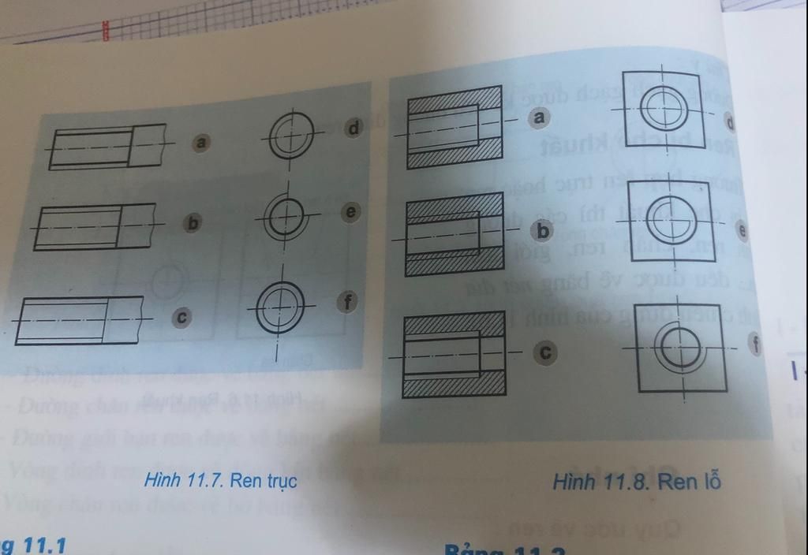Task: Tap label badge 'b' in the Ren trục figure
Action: pos(191,223)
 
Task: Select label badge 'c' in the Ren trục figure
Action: pos(181,317)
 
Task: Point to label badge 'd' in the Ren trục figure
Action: pos(353,128)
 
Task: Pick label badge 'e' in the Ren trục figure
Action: pos(351,212)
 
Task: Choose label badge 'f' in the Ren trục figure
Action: pos(346,300)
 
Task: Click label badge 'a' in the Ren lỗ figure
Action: pos(540,117)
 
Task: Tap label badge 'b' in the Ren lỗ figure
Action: pos(543,232)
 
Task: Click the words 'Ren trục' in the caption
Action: pos(264,480)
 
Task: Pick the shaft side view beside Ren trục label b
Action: pos(95,226)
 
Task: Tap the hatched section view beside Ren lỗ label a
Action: pos(454,126)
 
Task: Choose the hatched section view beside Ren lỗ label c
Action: pos(454,355)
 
